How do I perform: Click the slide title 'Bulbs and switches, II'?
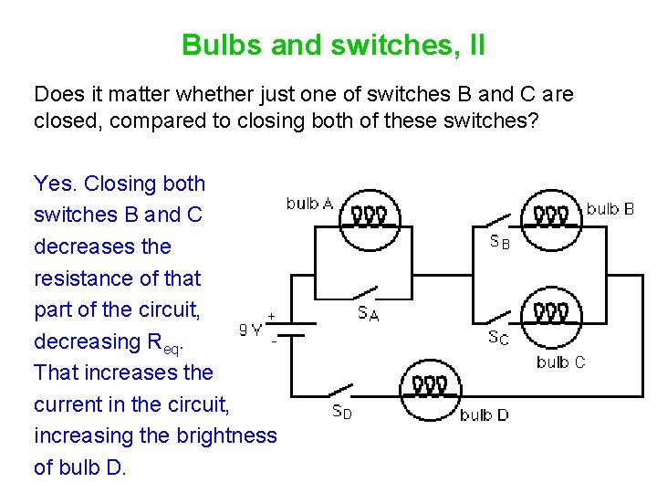click(x=333, y=45)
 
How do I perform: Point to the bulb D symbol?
click(x=428, y=385)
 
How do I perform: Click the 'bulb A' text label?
click(x=309, y=203)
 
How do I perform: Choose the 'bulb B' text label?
click(x=610, y=209)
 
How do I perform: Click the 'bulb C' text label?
click(x=561, y=362)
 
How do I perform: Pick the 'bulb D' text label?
click(x=485, y=415)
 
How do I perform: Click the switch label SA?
click(x=368, y=314)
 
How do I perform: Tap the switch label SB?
click(x=499, y=243)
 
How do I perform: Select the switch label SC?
click(x=498, y=337)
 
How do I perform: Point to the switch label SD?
click(x=340, y=411)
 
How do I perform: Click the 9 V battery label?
click(x=251, y=330)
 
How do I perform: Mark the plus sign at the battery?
click(x=271, y=315)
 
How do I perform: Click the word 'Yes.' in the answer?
click(x=56, y=184)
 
